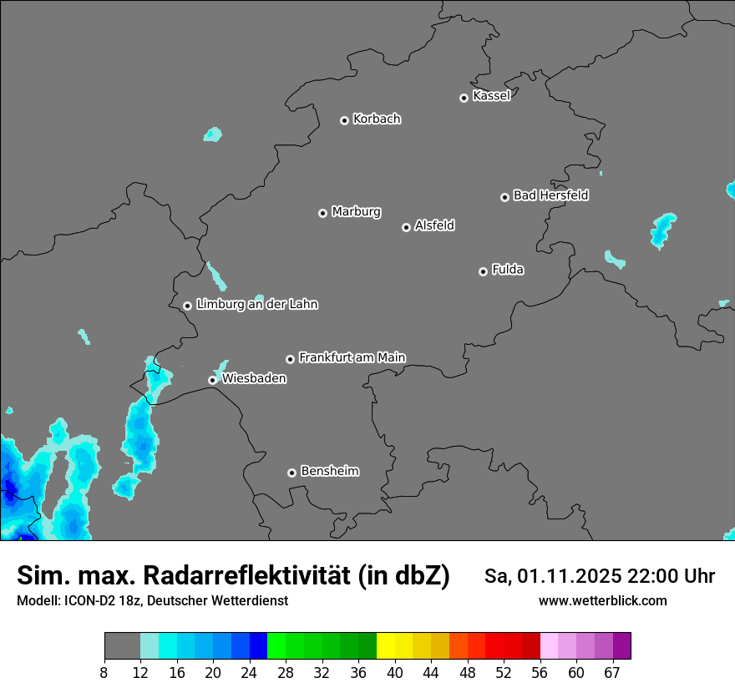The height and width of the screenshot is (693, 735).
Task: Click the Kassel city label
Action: [x=491, y=96]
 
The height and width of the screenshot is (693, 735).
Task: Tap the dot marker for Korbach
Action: [x=344, y=120]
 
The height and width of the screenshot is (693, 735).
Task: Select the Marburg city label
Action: [x=356, y=212]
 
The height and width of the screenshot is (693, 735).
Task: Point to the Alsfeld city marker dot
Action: [x=406, y=227]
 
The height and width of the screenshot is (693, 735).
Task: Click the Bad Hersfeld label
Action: [x=550, y=195]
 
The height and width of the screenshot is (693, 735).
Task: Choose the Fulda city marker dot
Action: [x=483, y=271]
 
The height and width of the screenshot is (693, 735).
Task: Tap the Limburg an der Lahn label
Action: [x=256, y=305]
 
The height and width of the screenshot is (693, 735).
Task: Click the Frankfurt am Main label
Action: [x=352, y=357]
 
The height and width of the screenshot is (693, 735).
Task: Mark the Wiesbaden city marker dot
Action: [x=212, y=380]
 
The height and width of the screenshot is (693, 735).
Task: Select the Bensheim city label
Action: [x=329, y=471]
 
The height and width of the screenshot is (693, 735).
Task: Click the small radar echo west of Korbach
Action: [x=213, y=134]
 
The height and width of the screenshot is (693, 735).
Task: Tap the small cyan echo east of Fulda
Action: [x=615, y=259]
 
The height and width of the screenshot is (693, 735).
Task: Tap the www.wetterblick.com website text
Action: [x=602, y=600]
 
